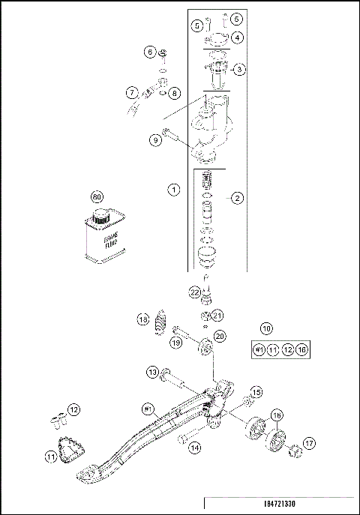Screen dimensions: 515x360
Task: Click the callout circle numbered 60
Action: pyautogui.click(x=96, y=196)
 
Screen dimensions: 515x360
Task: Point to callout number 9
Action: pyautogui.click(x=155, y=139)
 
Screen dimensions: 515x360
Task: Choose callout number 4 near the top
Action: pyautogui.click(x=236, y=37)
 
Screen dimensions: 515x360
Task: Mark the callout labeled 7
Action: pyautogui.click(x=131, y=94)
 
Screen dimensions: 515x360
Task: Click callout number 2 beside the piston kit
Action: pyautogui.click(x=237, y=198)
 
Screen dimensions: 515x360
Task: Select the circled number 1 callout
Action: pyautogui.click(x=173, y=190)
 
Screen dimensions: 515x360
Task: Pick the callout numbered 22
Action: pyautogui.click(x=193, y=292)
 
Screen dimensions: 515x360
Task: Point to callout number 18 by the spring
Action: pyautogui.click(x=142, y=320)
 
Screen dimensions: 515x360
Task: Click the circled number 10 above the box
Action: pyautogui.click(x=266, y=328)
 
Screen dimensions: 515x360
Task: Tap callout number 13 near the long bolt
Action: pyautogui.click(x=151, y=372)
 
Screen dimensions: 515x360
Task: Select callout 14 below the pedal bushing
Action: pyautogui.click(x=194, y=448)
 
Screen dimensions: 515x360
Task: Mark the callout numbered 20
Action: pyautogui.click(x=219, y=336)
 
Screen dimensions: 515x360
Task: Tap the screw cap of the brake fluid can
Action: pyautogui.click(x=98, y=217)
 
